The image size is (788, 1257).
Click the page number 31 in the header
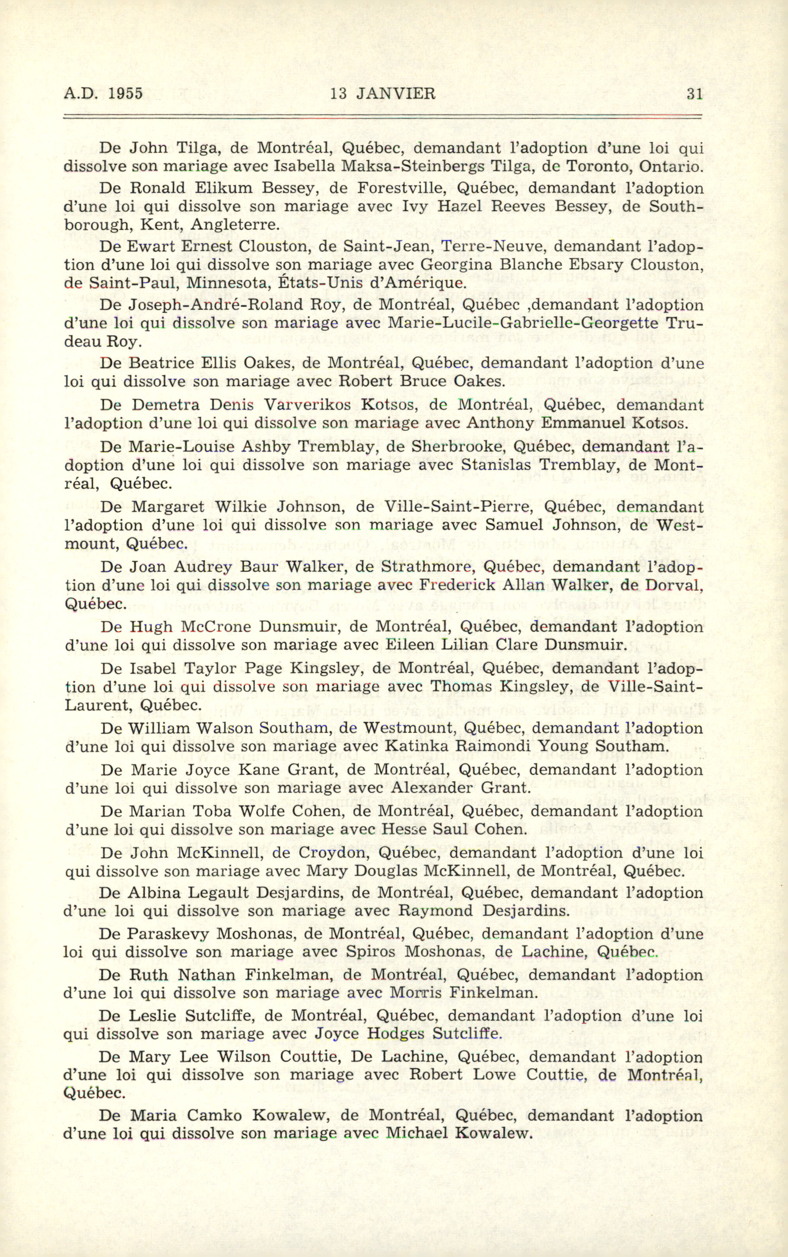[x=695, y=94]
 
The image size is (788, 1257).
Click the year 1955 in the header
[x=125, y=94]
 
